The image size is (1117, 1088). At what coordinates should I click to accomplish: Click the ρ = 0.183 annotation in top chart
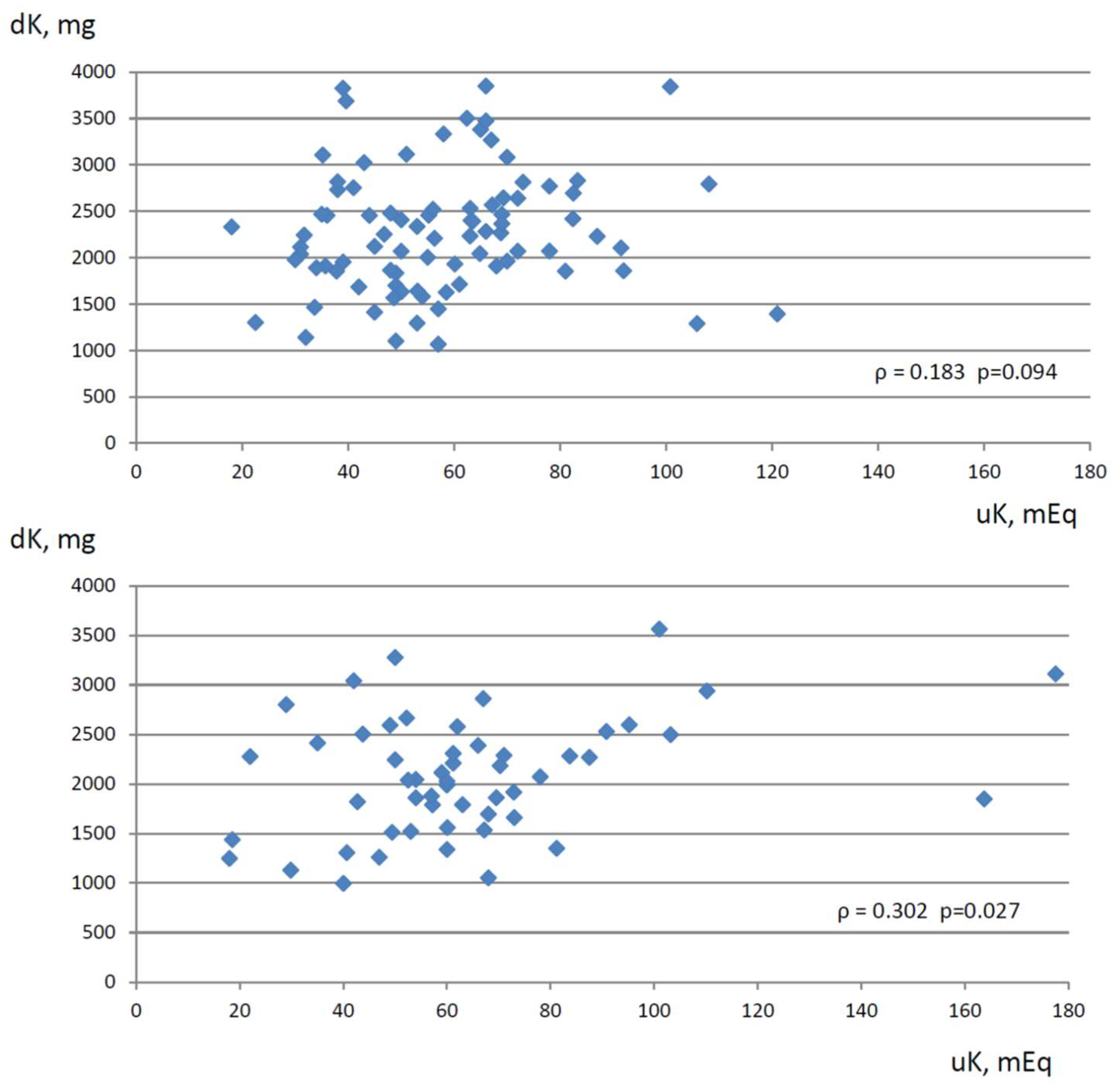(919, 372)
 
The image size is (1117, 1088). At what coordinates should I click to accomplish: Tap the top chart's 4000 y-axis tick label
(93, 72)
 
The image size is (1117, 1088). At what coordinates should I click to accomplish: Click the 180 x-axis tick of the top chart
(1090, 472)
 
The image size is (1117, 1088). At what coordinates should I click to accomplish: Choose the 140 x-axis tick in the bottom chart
(860, 1011)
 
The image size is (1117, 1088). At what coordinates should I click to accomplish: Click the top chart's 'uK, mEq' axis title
(1026, 515)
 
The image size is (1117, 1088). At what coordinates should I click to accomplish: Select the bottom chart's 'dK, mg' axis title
(52, 540)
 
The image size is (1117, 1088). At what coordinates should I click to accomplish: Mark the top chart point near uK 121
(777, 314)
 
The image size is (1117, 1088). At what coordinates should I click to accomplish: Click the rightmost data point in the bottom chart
(1055, 674)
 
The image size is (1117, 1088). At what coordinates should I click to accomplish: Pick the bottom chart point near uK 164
(984, 799)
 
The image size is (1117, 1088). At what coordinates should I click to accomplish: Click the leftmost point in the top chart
(231, 227)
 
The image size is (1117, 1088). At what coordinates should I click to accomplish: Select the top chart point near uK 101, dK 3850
(670, 87)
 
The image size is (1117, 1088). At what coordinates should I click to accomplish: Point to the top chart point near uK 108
(708, 184)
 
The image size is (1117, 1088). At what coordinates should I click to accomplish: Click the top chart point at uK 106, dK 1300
(696, 324)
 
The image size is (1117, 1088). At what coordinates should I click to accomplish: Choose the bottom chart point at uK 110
(707, 691)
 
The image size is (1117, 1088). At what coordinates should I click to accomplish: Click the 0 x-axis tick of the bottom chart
(136, 1011)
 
